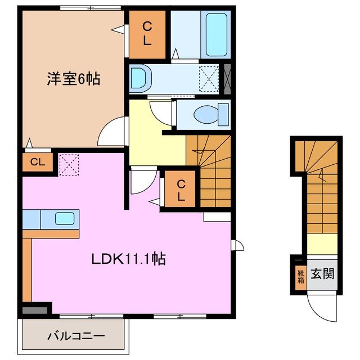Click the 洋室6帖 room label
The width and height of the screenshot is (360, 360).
point(73,79)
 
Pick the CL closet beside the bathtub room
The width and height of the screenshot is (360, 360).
point(146,34)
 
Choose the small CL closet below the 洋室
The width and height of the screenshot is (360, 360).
point(37,163)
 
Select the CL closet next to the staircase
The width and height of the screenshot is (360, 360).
point(179,190)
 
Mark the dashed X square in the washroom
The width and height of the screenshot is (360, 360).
point(209,78)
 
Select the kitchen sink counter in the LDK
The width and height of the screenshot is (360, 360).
point(51,218)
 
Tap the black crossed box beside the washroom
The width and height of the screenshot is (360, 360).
point(227,78)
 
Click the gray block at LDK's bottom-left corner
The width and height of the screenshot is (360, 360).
point(35,309)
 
